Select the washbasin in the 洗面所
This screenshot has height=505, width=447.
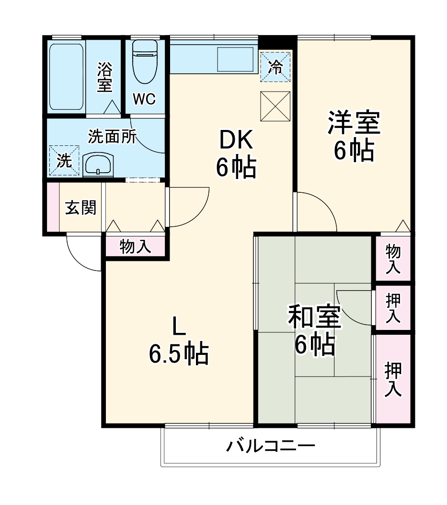(98, 165)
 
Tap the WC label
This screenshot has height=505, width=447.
(144, 99)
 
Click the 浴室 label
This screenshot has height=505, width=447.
(104, 77)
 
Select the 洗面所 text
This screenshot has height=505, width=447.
(112, 137)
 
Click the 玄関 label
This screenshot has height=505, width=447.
(80, 207)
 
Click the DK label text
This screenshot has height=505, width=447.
(236, 141)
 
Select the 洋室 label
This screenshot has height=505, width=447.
(354, 123)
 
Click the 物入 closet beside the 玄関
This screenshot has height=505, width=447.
(136, 247)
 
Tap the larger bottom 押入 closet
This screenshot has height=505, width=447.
(393, 379)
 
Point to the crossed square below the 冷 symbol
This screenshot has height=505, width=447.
(275, 106)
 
